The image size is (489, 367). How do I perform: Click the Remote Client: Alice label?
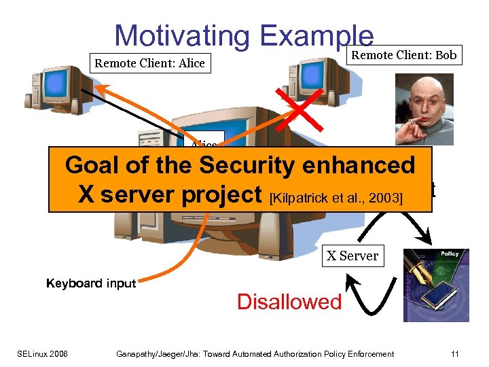[150, 64]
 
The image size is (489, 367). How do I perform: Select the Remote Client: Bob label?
[405, 55]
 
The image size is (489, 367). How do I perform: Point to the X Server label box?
[352, 256]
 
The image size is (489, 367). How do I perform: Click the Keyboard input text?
[91, 283]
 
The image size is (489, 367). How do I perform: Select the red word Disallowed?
[289, 302]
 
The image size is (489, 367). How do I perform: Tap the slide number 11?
[454, 353]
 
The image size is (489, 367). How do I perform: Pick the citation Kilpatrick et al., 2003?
[336, 198]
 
